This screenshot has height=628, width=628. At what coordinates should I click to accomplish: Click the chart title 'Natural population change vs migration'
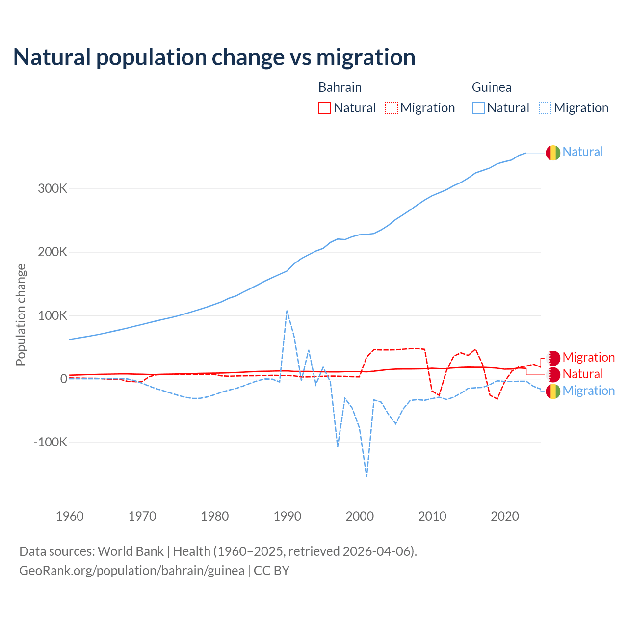pos(214,57)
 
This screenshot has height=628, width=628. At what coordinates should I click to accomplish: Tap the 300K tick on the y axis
pos(52,189)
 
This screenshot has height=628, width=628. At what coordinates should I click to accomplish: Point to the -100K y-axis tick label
pos(50,443)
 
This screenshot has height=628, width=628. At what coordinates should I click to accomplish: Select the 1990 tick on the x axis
pos(287,516)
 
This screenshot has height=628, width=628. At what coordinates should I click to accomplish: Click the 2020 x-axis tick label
pos(505,516)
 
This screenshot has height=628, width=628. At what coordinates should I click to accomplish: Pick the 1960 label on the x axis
pos(70,516)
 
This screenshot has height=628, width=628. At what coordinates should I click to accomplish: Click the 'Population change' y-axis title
pos(21,314)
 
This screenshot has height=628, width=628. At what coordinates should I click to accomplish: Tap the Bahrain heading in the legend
pos(340,87)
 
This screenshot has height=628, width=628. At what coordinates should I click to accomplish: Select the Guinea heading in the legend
pos(492,87)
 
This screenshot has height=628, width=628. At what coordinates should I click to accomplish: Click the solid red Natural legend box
pos(325,108)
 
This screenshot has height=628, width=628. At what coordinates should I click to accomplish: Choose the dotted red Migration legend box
pos(392,108)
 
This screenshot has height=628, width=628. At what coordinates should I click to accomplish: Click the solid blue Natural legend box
pos(478,108)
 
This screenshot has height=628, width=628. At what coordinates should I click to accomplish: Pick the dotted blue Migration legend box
pos(545,108)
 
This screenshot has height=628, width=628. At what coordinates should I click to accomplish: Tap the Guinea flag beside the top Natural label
pos(553,153)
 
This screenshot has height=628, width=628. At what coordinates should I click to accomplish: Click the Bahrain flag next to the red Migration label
pos(553,358)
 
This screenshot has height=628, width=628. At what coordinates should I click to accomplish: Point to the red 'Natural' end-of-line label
pos(582,374)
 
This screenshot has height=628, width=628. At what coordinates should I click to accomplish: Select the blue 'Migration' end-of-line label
pos(588,391)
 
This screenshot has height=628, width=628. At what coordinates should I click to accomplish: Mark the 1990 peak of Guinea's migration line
pos(287,311)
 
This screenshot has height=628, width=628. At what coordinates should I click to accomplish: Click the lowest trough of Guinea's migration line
pos(366,476)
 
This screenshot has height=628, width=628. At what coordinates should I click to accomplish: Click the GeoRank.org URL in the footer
pos(131,571)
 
